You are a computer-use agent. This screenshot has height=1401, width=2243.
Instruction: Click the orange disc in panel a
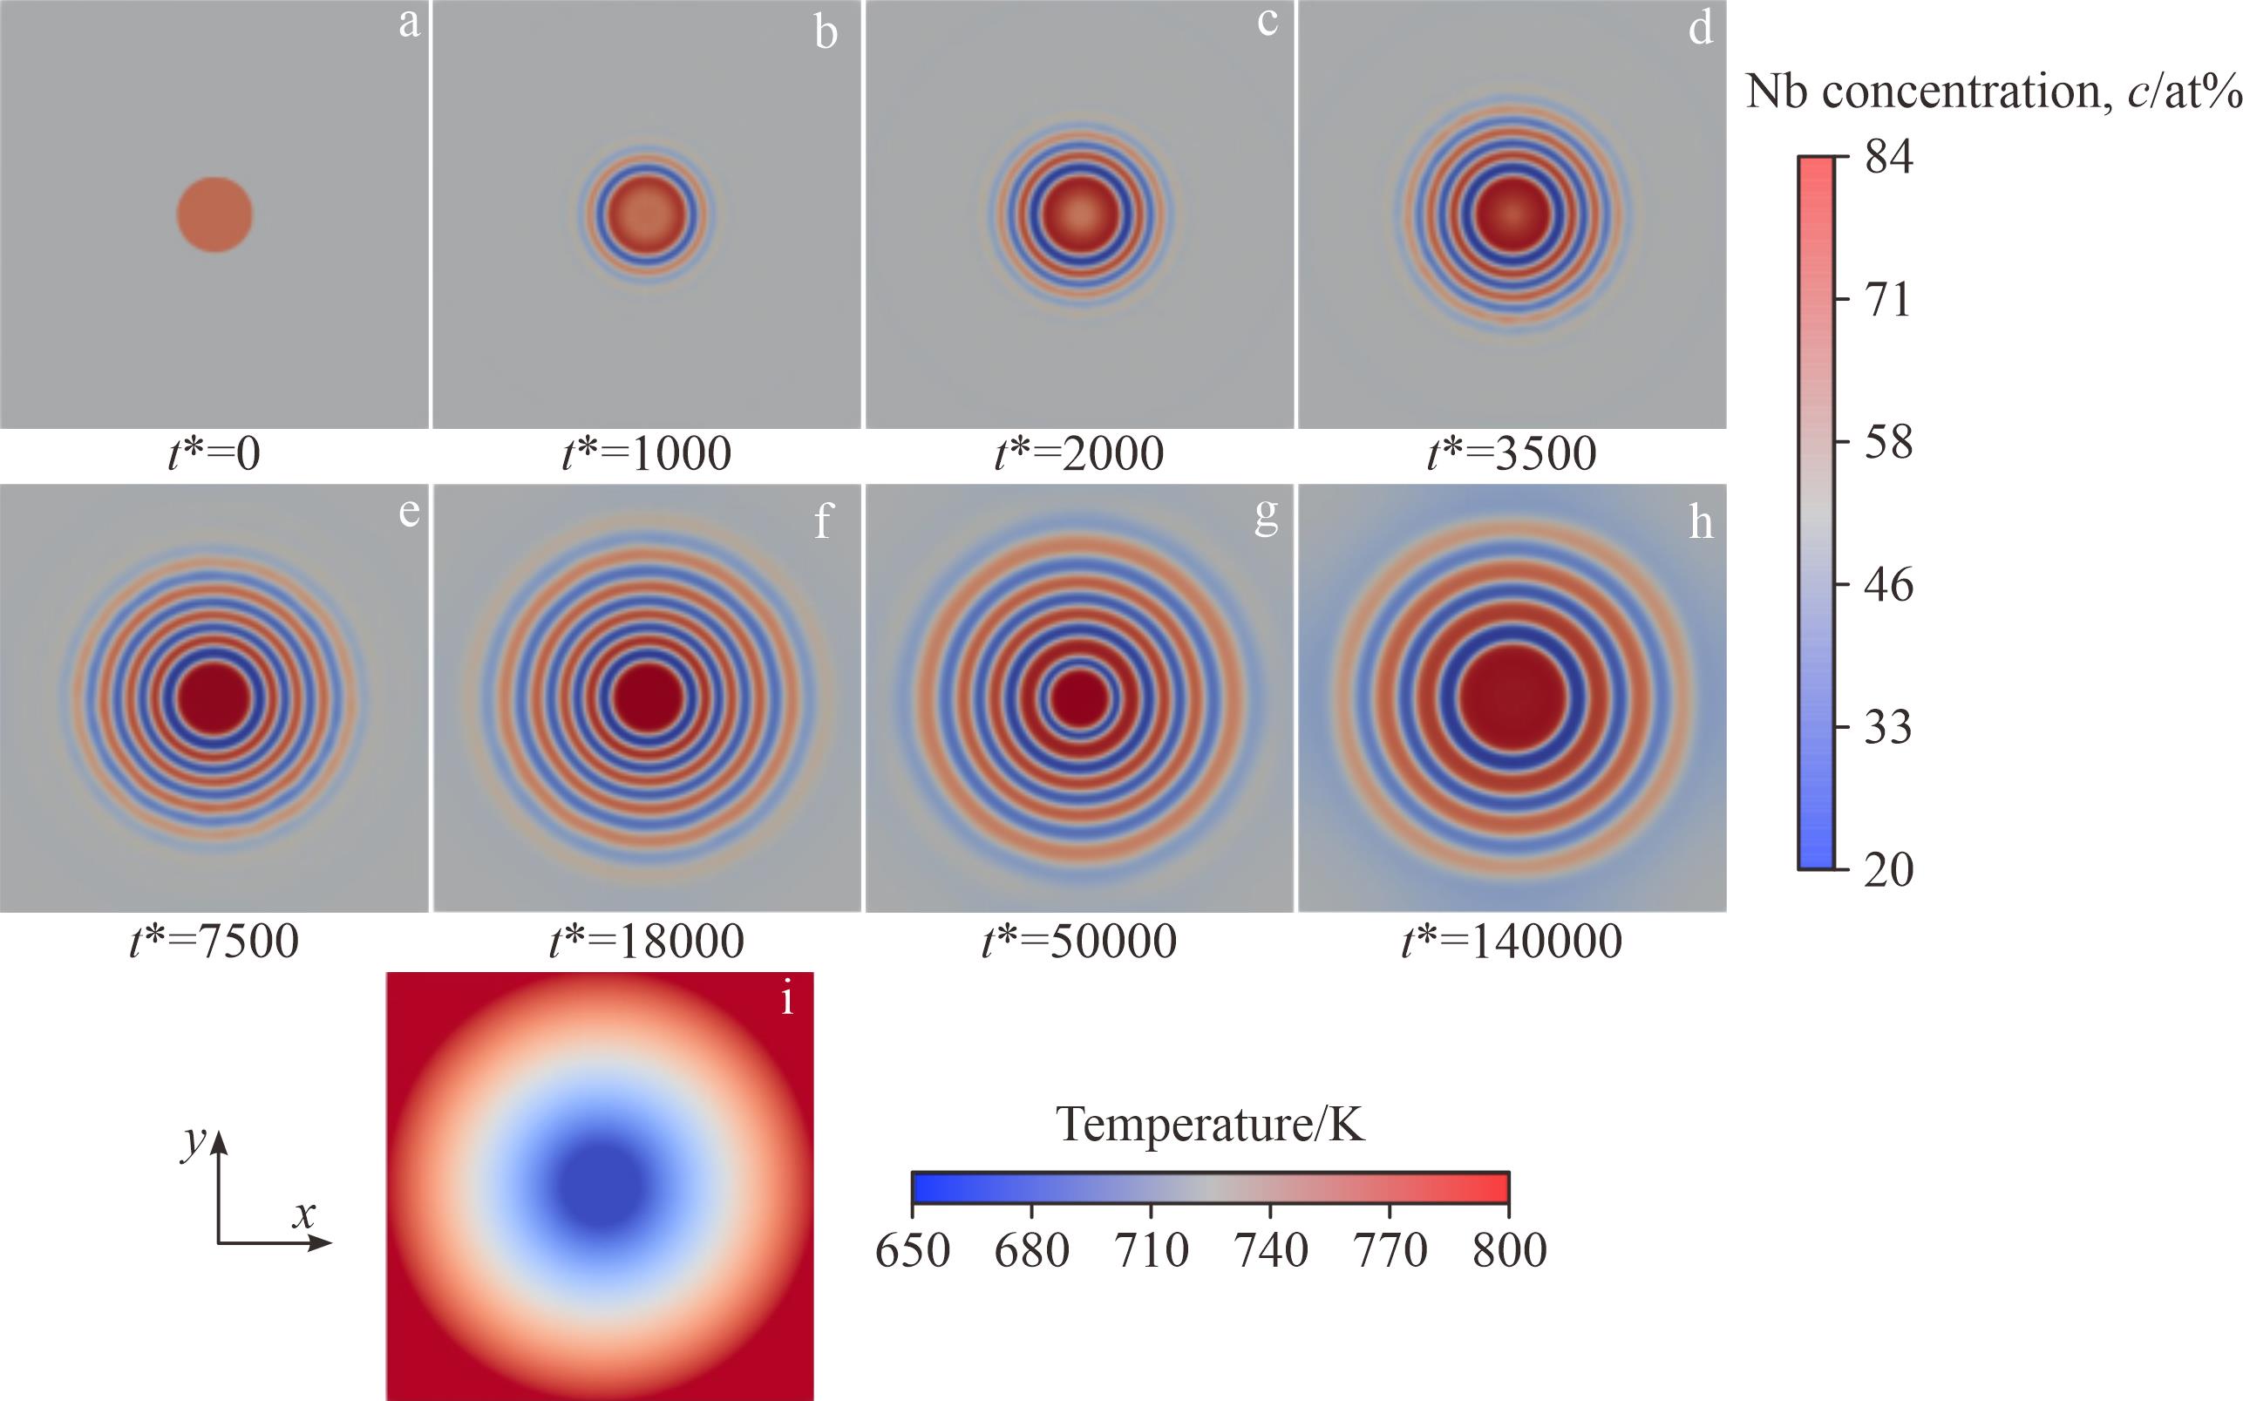(x=215, y=214)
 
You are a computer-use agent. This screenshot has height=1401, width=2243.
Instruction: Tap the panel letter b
(x=826, y=33)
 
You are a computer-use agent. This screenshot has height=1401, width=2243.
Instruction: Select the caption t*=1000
(x=647, y=453)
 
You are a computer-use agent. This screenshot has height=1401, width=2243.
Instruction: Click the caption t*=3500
(x=1512, y=453)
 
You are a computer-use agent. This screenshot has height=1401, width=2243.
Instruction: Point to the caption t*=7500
(x=214, y=941)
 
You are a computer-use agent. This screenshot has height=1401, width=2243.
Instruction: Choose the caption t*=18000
(x=647, y=941)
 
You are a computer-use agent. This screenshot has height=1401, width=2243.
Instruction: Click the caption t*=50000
(x=1079, y=941)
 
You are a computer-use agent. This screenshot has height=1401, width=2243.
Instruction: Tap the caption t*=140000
(x=1512, y=941)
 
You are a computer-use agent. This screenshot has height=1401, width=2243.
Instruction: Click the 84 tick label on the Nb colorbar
(x=1888, y=157)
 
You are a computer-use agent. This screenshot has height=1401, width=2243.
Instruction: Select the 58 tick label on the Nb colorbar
(x=1888, y=442)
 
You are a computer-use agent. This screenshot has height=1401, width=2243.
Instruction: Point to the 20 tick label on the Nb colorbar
(x=1888, y=870)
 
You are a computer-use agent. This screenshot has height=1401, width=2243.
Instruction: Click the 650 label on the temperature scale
(x=913, y=1250)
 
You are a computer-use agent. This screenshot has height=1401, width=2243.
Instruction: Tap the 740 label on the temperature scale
(x=1270, y=1250)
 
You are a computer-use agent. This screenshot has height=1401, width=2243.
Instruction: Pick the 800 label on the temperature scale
(x=1509, y=1250)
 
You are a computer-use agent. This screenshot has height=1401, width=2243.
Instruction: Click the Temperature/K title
(x=1210, y=1124)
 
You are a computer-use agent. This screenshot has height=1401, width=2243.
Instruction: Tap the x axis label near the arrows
(x=304, y=1213)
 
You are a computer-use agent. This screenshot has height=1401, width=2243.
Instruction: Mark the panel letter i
(x=787, y=1001)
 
